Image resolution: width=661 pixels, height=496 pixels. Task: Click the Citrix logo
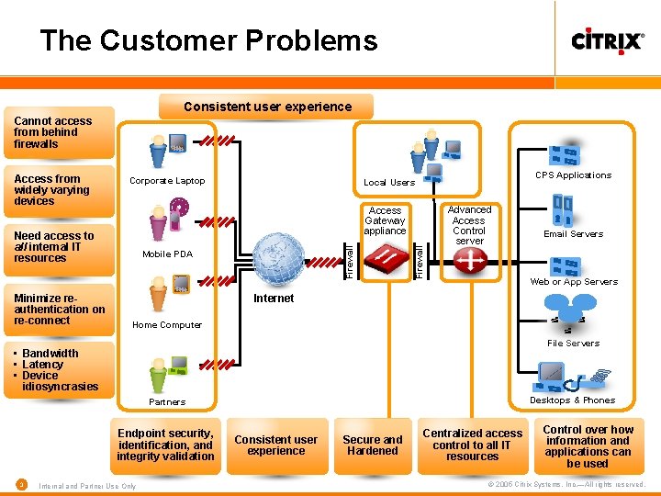(x=608, y=41)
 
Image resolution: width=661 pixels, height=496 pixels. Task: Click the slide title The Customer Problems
(x=208, y=41)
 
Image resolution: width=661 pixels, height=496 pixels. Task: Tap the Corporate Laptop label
(x=167, y=181)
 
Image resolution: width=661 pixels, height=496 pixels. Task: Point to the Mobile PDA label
(x=168, y=254)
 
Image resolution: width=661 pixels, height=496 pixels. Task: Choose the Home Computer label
(x=167, y=325)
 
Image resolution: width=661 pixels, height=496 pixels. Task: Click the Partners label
(x=167, y=402)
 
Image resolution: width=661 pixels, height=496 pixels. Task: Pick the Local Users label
(x=389, y=183)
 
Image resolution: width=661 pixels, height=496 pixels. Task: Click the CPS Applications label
(x=573, y=175)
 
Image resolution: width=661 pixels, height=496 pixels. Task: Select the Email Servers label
(x=573, y=234)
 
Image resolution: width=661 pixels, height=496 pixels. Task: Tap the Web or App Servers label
(x=574, y=282)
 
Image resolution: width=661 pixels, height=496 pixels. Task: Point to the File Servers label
(x=573, y=344)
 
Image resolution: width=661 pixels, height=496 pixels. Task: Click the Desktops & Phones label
(x=573, y=400)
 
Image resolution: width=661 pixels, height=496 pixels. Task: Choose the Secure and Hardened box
(x=373, y=445)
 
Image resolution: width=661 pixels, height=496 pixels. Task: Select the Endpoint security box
(x=166, y=445)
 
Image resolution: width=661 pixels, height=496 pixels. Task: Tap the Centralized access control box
(x=472, y=445)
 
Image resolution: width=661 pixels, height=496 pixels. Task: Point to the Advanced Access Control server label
(x=469, y=225)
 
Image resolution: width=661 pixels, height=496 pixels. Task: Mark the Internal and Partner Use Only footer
(x=88, y=486)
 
